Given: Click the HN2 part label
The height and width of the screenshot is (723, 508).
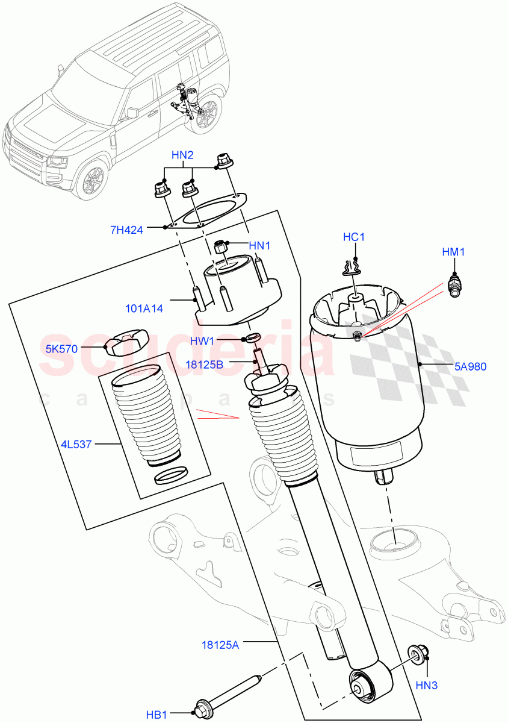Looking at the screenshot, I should pyautogui.click(x=182, y=155).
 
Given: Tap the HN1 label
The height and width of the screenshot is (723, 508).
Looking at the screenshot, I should pyautogui.click(x=261, y=245).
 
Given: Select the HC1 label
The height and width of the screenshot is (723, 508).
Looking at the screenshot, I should pyautogui.click(x=354, y=237).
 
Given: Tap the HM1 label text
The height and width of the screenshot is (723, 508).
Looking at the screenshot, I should pyautogui.click(x=453, y=252).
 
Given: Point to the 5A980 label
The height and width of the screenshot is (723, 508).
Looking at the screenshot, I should pyautogui.click(x=471, y=365).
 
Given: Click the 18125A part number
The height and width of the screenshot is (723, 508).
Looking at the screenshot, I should pyautogui.click(x=221, y=645).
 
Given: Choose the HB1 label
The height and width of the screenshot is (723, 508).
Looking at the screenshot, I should pyautogui.click(x=156, y=715).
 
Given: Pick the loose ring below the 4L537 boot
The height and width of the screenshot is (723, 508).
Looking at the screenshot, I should pyautogui.click(x=170, y=476).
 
